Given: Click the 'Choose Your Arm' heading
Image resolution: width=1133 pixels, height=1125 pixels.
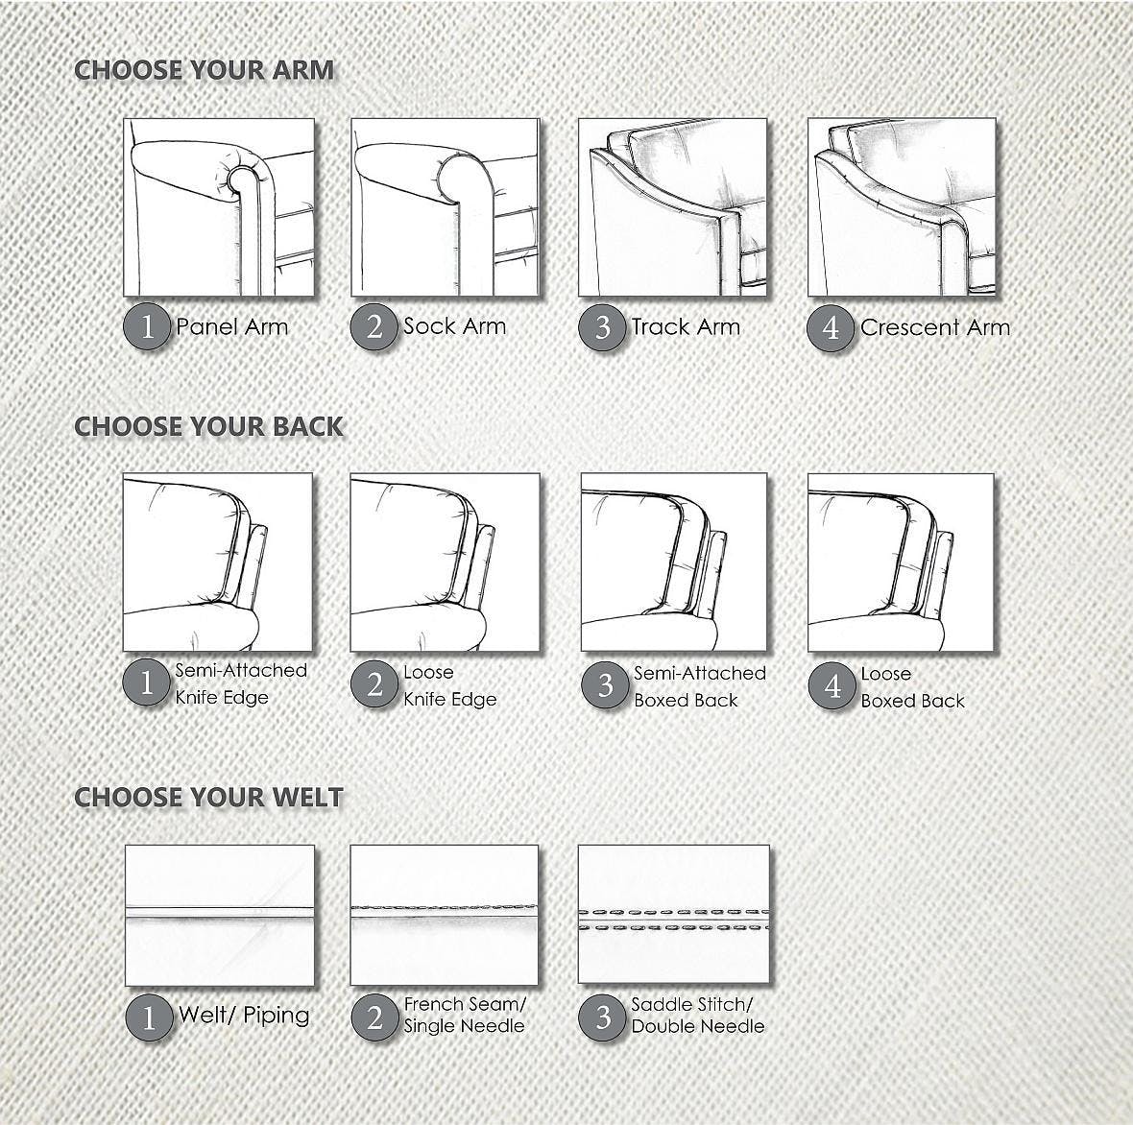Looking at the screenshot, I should pyautogui.click(x=204, y=70).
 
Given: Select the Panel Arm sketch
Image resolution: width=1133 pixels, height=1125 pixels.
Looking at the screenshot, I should pyautogui.click(x=219, y=207).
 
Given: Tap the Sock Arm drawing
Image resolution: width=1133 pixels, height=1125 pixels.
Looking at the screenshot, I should pyautogui.click(x=445, y=207).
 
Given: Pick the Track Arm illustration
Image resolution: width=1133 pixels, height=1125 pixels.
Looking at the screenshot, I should pyautogui.click(x=672, y=207).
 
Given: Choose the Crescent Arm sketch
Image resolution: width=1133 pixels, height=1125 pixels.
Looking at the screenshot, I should pyautogui.click(x=901, y=207).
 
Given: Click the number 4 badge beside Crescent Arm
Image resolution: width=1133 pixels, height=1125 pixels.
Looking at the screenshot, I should pyautogui.click(x=831, y=327).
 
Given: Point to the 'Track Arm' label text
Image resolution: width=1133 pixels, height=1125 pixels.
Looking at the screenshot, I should pyautogui.click(x=686, y=326).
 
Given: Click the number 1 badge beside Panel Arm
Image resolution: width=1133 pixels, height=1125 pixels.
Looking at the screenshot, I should pyautogui.click(x=147, y=327).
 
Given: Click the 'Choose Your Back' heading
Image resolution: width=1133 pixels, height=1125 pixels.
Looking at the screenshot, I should pyautogui.click(x=208, y=427).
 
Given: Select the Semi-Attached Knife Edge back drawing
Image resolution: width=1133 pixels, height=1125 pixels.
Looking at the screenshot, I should pyautogui.click(x=218, y=562).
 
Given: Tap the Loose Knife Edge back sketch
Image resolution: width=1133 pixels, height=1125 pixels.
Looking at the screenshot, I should pyautogui.click(x=445, y=562).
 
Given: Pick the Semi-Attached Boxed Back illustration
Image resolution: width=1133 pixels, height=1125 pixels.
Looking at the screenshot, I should pyautogui.click(x=673, y=562).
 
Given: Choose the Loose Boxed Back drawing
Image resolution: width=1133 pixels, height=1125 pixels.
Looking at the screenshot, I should pyautogui.click(x=901, y=562).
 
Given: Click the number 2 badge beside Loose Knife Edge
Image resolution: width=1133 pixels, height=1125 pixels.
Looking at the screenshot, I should pyautogui.click(x=374, y=684).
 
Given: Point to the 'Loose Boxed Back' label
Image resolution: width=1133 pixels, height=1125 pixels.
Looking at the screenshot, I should pyautogui.click(x=912, y=687).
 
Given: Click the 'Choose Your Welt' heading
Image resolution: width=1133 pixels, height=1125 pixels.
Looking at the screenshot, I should pyautogui.click(x=208, y=798).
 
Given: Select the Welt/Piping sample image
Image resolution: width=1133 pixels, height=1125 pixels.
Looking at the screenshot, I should pyautogui.click(x=220, y=915).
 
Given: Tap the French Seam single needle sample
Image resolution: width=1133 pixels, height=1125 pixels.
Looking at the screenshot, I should pyautogui.click(x=445, y=915).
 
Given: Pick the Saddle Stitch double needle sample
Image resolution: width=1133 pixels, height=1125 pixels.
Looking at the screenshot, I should pyautogui.click(x=673, y=915).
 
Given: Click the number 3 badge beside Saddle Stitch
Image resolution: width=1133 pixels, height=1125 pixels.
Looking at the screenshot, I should pyautogui.click(x=603, y=1016).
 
